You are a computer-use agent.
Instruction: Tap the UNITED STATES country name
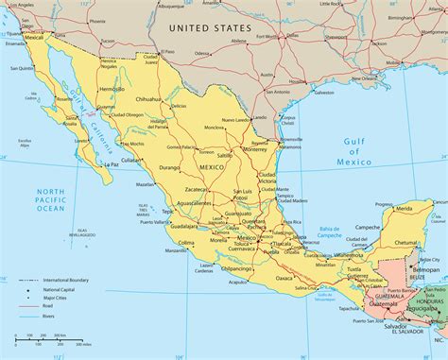[206, 28]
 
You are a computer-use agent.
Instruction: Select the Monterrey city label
[253, 149]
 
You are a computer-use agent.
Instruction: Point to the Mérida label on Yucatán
[404, 208]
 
